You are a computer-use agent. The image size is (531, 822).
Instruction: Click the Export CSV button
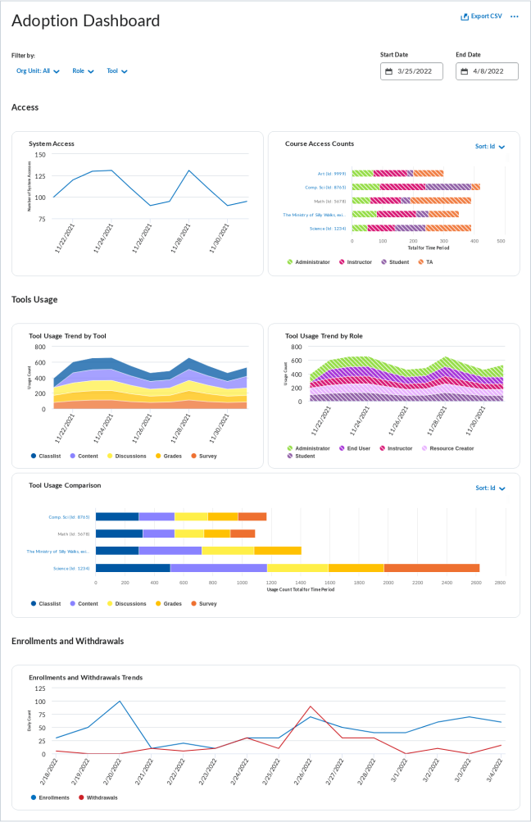point(481,16)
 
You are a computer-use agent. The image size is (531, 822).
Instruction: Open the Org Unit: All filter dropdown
point(38,71)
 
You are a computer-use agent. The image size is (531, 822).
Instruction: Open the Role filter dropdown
point(83,71)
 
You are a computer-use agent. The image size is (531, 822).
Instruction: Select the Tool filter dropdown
point(116,71)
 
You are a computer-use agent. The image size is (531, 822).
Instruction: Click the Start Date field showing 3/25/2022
point(411,71)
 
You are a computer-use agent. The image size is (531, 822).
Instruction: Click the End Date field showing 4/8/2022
point(487,71)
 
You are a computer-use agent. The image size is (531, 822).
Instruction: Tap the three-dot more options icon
point(515,16)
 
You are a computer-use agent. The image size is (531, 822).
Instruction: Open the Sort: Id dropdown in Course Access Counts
point(490,147)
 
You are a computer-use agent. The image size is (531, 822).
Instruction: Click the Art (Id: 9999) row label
point(331,174)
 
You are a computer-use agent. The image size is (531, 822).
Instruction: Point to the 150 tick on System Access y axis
point(40,154)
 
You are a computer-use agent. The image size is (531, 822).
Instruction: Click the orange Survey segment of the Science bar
point(431,567)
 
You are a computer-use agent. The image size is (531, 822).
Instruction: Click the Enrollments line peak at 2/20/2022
point(120,702)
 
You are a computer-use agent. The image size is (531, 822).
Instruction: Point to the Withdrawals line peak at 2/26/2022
point(310,706)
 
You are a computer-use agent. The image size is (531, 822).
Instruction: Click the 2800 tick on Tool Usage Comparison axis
point(500,583)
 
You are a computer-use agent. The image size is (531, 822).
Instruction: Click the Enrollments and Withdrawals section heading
point(67,640)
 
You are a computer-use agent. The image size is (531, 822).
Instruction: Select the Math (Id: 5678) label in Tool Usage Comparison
point(73,534)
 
